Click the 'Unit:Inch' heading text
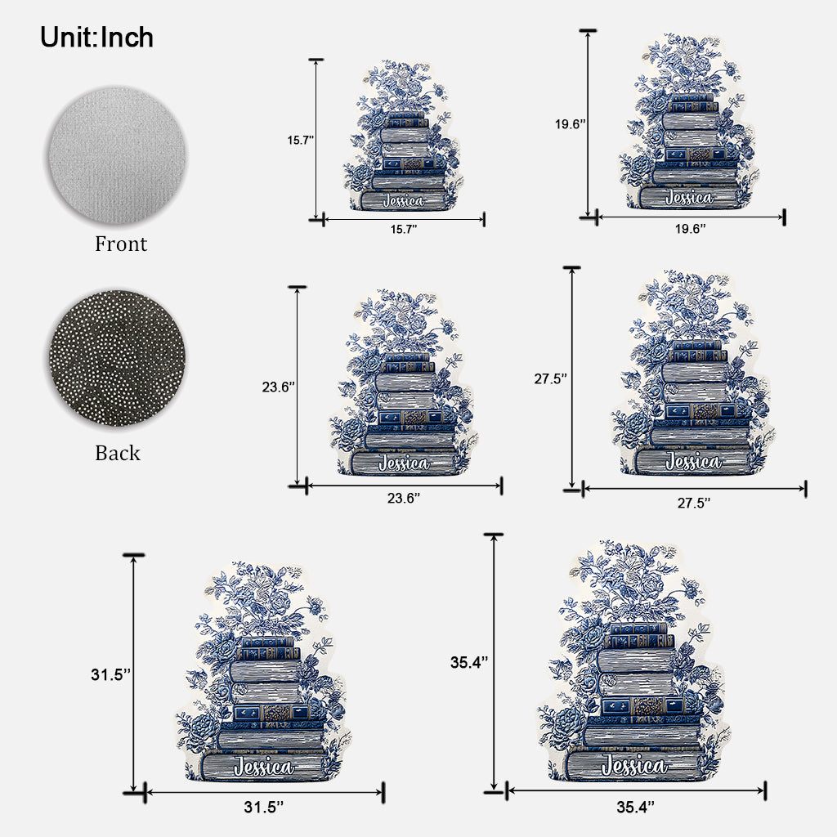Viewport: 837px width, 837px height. pyautogui.click(x=96, y=38)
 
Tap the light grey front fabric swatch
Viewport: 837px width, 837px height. pyautogui.click(x=118, y=155)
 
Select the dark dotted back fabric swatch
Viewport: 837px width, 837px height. pyautogui.click(x=118, y=358)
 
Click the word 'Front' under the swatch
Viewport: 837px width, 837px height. pyautogui.click(x=121, y=244)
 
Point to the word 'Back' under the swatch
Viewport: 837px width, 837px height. pyautogui.click(x=118, y=453)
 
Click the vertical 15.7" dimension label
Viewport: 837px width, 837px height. pyautogui.click(x=301, y=141)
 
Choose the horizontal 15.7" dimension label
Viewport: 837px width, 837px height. pyautogui.click(x=404, y=230)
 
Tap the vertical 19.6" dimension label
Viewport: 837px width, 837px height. pyautogui.click(x=570, y=124)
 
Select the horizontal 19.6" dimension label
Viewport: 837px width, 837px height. pyautogui.click(x=690, y=229)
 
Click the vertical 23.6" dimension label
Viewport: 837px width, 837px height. pyautogui.click(x=279, y=387)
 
